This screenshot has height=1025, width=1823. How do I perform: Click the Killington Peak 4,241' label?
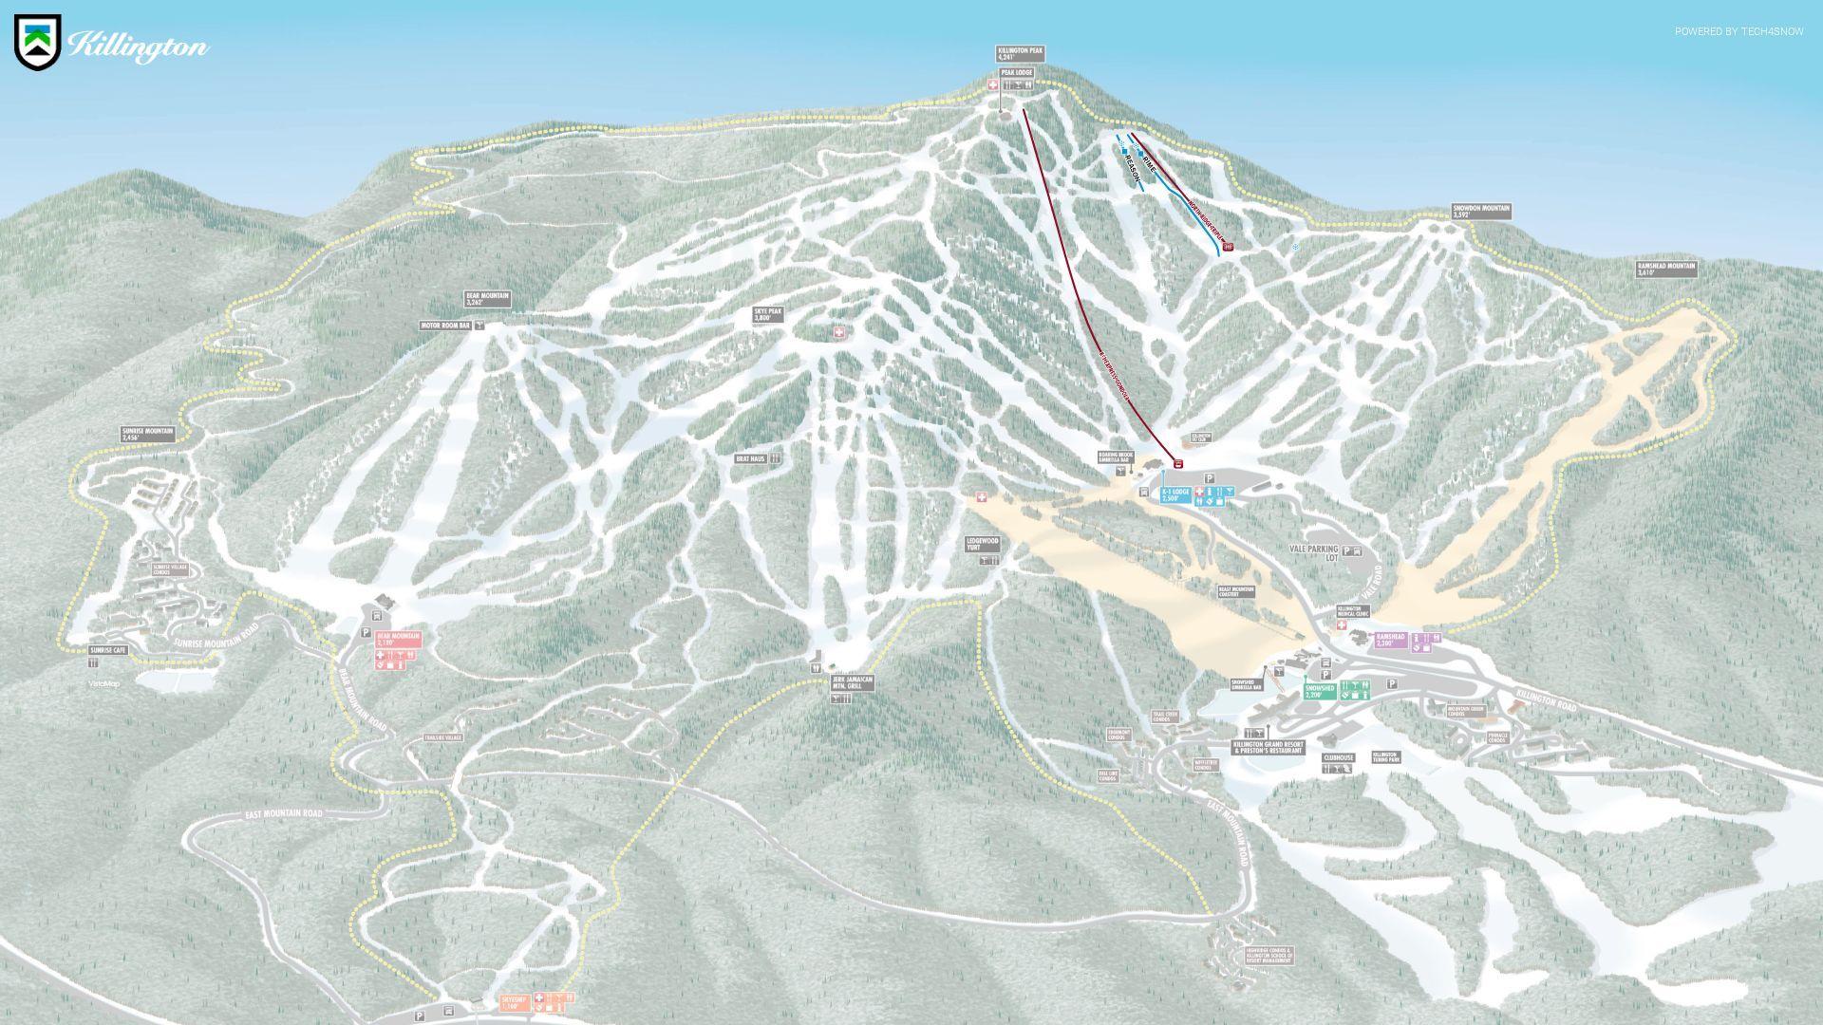(1020, 53)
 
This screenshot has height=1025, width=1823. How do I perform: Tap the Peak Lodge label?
(1016, 72)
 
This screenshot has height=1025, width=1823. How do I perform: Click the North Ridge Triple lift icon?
(1228, 247)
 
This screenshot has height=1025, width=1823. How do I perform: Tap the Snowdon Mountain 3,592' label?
(1480, 211)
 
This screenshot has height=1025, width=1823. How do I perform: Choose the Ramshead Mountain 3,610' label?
(1665, 270)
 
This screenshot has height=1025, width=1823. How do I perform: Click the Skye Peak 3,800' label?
(767, 314)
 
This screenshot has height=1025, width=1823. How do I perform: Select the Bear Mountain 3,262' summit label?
(487, 299)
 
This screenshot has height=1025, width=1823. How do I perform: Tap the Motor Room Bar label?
(445, 326)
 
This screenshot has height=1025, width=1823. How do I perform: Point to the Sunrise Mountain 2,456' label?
(147, 434)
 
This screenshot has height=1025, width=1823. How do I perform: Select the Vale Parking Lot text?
(1313, 552)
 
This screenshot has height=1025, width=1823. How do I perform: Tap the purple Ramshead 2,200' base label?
(1390, 640)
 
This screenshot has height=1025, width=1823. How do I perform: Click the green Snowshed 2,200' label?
(1320, 691)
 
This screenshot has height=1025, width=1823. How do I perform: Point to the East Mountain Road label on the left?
(283, 814)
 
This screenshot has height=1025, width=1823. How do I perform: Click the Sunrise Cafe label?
(107, 650)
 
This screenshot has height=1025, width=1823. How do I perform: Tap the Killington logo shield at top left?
(38, 42)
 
